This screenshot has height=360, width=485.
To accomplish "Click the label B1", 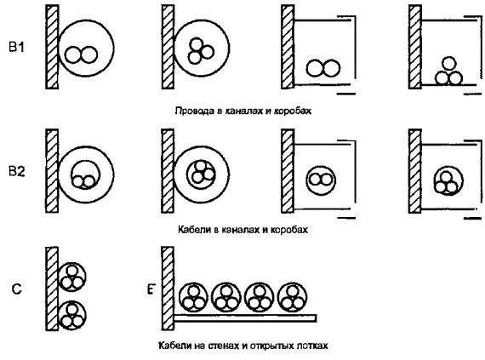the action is tap(16, 48).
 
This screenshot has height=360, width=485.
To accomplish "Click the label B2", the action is tap(16, 171).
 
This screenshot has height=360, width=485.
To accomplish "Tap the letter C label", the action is tap(16, 289).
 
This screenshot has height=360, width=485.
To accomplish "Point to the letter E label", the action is tap(151, 289).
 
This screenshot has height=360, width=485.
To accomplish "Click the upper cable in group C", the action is tap(72, 277).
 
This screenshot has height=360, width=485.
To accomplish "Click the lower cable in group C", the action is tap(72, 316).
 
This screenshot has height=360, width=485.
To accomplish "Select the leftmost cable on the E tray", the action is tap(194, 297).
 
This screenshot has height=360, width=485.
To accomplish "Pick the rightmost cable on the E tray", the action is tap(292, 297).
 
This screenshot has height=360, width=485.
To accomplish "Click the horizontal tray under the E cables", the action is tap(245, 318).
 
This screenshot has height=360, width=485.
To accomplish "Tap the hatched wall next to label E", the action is tap(168, 289).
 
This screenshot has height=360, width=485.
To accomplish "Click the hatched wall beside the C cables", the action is tap(52, 289).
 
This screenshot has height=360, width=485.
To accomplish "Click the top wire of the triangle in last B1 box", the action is tap(448, 64).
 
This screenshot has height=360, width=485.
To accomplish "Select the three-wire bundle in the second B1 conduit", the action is tap(200, 51).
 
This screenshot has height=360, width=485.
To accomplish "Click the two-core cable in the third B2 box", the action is tap(321, 180).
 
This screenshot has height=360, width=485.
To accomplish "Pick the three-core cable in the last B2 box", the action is tap(448, 180).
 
